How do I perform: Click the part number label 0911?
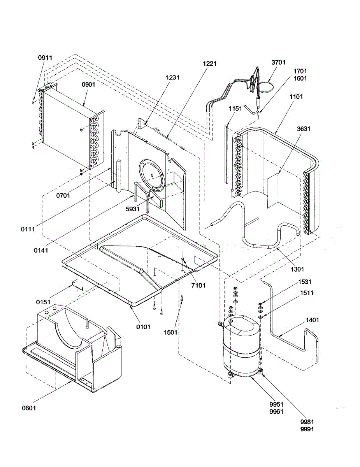45,57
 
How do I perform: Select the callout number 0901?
88,84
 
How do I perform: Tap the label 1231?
172,77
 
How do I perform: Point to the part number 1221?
209,63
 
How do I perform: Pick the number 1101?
296,96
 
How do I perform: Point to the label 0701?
63,195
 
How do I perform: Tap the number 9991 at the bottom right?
307,429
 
